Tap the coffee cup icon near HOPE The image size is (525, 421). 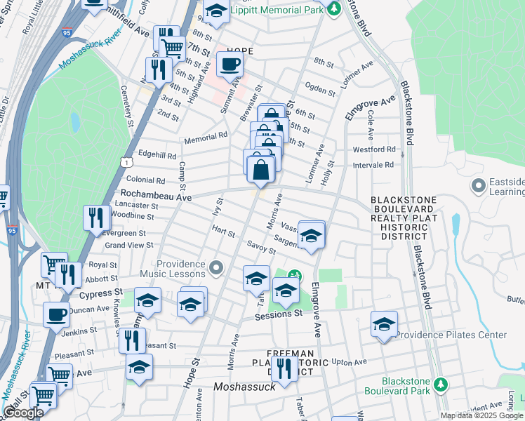(230, 65)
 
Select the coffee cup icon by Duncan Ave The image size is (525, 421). (56, 315)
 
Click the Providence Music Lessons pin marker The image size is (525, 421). (216, 267)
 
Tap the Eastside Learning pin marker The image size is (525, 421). (479, 187)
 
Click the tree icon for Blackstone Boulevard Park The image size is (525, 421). (440, 385)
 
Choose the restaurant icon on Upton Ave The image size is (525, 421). (284, 368)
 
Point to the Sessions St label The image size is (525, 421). (278, 314)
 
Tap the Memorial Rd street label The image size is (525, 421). (206, 139)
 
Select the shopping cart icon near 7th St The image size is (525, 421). (172, 48)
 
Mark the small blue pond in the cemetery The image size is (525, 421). (75, 122)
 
